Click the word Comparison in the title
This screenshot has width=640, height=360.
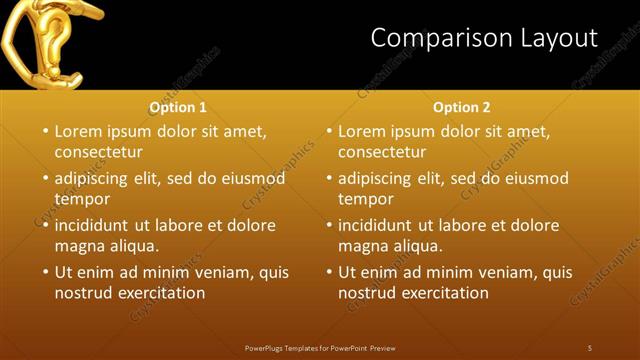[432, 39]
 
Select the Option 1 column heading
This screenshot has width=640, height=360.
[178, 107]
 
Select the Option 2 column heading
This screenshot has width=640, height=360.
[462, 107]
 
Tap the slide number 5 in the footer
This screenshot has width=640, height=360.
[590, 347]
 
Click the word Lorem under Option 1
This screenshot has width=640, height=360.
[78, 131]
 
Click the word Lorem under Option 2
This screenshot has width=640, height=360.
[362, 131]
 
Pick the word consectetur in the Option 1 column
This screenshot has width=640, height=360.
[98, 152]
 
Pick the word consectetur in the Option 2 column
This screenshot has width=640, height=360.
[382, 152]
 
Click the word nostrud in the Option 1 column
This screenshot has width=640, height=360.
[83, 293]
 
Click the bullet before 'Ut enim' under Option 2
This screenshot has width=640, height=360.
[329, 272]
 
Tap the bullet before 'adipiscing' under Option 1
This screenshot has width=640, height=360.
[45, 179]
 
